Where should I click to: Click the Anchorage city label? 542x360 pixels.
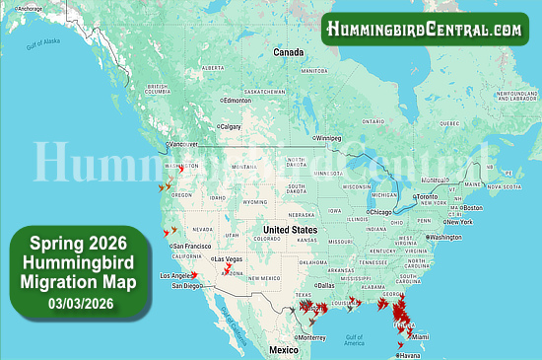[30, 9]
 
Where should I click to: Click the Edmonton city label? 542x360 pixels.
[237, 101]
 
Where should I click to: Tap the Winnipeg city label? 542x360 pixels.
[332, 138]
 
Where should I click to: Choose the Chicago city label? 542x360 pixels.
[380, 212]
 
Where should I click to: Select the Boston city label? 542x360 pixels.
[472, 208]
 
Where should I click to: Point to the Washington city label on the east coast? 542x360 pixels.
[445, 238]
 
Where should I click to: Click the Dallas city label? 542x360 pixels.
[325, 285]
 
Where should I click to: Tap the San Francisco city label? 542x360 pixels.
[192, 246]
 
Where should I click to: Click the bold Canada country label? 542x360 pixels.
[288, 51]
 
